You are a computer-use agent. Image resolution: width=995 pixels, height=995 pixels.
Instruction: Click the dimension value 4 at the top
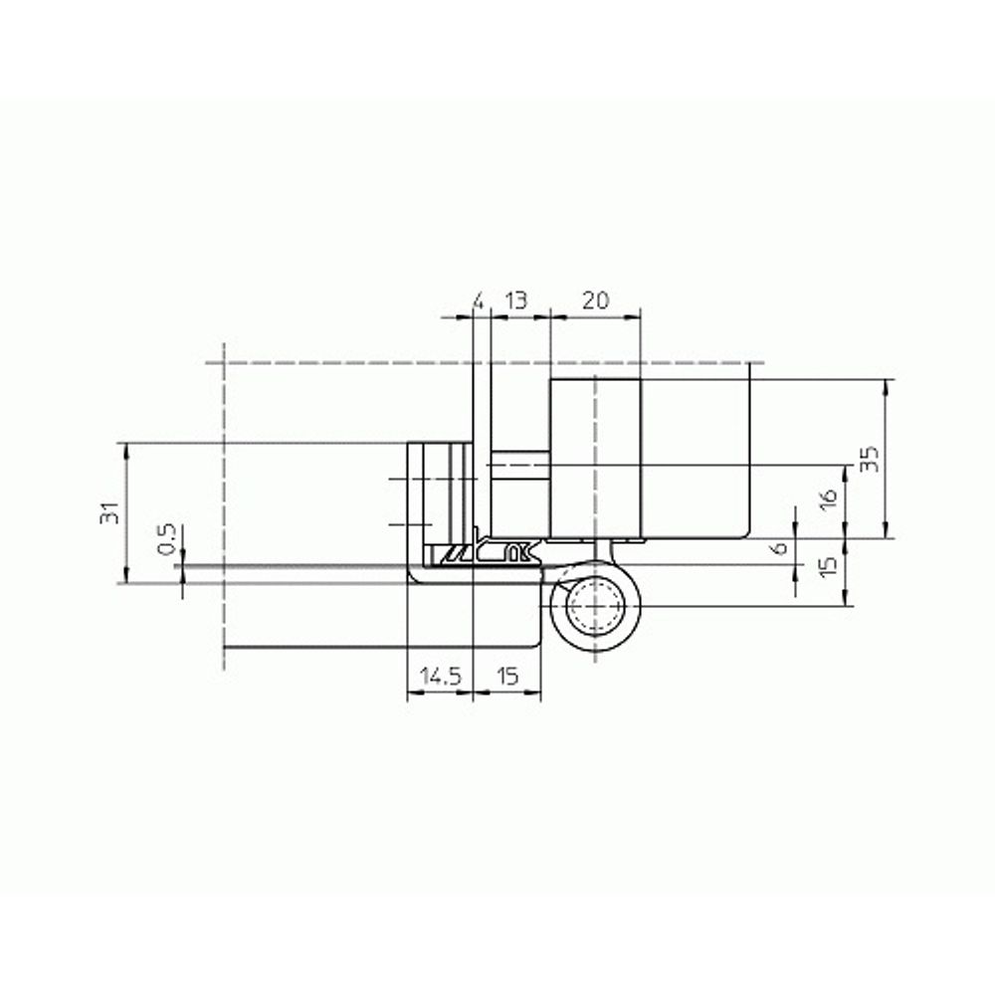(479, 300)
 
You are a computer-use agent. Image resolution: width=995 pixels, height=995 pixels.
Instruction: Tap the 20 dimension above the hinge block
(595, 300)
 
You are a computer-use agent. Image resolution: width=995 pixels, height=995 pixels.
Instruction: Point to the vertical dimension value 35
(869, 458)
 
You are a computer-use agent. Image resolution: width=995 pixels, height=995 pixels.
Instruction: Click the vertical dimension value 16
(829, 500)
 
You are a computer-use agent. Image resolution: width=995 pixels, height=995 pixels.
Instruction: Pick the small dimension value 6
(780, 546)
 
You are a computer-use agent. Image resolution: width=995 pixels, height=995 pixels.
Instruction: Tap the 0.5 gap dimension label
(167, 538)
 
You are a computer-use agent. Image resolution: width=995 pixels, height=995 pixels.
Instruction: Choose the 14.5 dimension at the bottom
(439, 677)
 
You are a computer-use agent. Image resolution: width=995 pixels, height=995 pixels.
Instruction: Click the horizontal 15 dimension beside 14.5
(506, 677)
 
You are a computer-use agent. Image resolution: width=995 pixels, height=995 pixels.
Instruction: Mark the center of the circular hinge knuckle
(594, 604)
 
